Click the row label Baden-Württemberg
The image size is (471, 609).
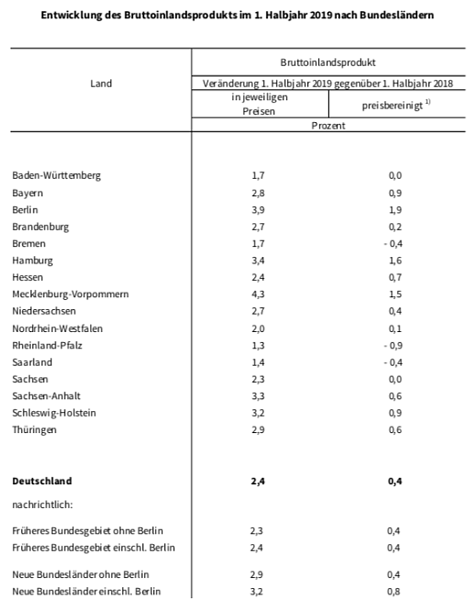[56, 176]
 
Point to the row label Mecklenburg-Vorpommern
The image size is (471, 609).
[70, 294]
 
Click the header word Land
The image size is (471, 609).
[101, 84]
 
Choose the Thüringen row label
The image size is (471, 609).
[35, 429]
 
